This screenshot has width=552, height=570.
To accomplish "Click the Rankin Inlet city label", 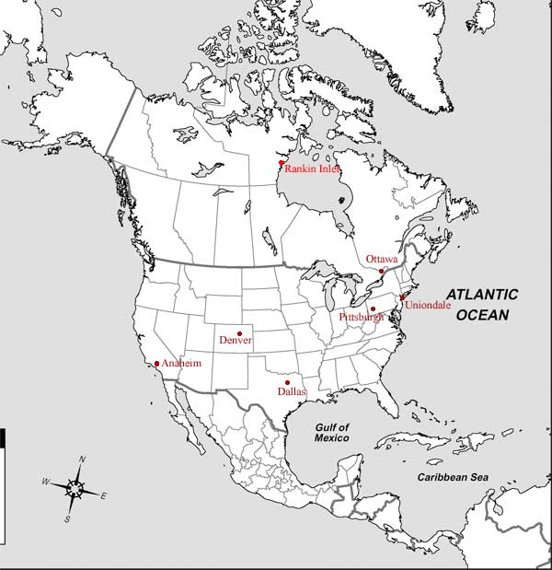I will tap(313, 169).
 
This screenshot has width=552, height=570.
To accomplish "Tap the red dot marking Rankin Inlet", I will tap(282, 164).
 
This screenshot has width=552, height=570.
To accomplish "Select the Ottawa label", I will tap(381, 259).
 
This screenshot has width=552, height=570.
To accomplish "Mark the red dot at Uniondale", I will tap(401, 297).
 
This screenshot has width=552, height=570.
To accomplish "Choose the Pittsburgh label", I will tap(361, 318).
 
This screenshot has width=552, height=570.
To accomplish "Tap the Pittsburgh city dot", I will tap(373, 308).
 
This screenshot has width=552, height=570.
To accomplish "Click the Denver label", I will tap(236, 342).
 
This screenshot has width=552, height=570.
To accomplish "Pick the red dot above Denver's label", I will tap(239, 332).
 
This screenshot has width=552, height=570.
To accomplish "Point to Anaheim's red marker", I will tap(157, 363).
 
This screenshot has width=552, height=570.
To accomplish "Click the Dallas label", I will tap(292, 392).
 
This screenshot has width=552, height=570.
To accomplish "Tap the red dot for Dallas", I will tap(288, 382).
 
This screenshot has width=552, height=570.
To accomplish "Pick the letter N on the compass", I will tap(82, 459).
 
